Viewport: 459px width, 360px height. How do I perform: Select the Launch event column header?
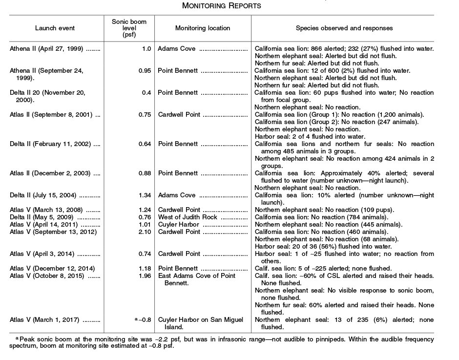pyautogui.click(x=55, y=28)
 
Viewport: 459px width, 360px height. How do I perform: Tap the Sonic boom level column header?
pyautogui.click(x=128, y=28)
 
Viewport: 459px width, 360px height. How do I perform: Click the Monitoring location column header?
pyautogui.click(x=202, y=28)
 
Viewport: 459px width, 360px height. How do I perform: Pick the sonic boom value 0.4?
pyautogui.click(x=145, y=92)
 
